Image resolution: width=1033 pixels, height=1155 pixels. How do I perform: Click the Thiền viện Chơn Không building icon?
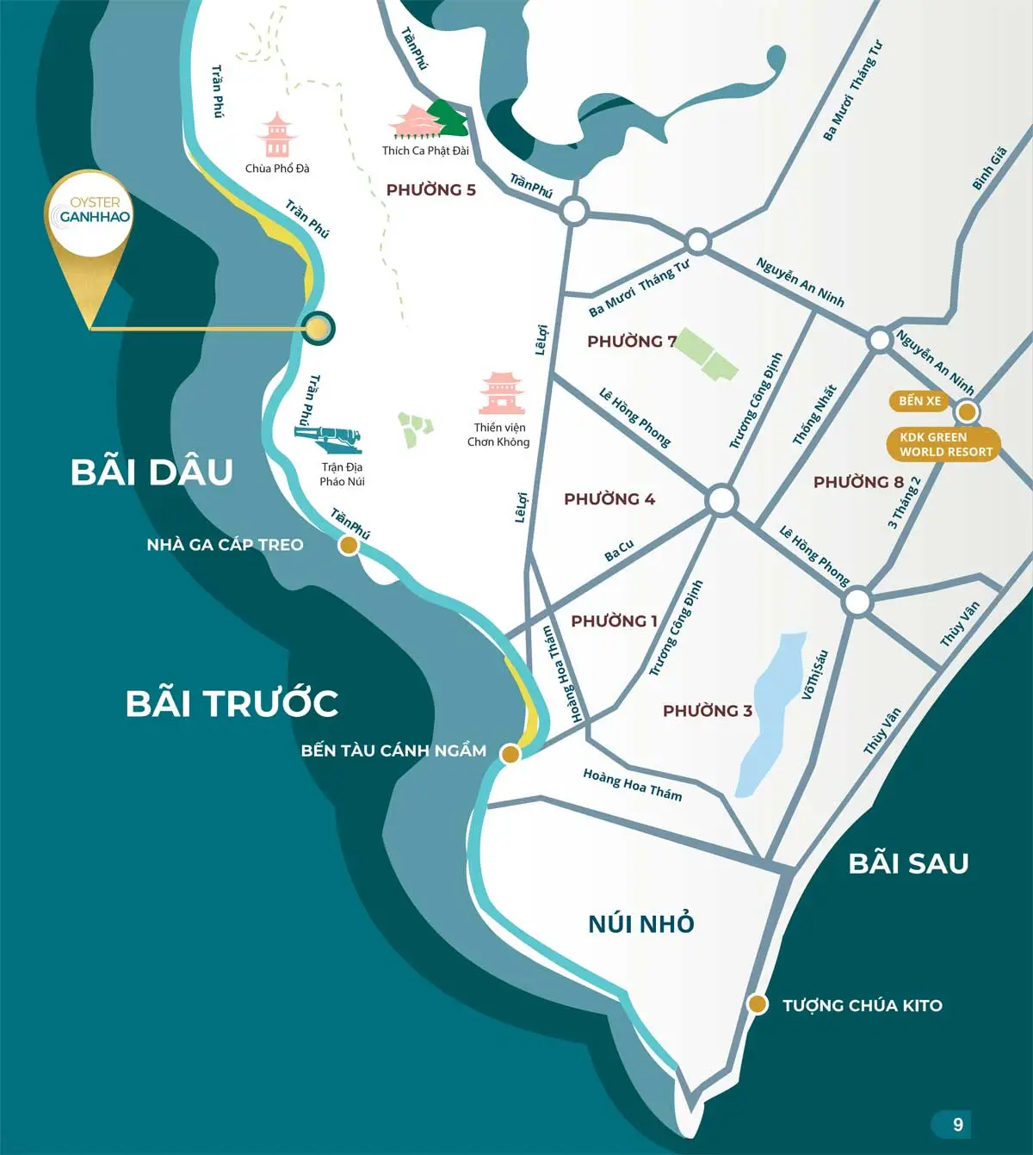[502, 394]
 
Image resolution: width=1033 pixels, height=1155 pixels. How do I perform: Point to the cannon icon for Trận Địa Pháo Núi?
[330, 437]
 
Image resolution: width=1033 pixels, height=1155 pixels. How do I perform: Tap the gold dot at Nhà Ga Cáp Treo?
[349, 545]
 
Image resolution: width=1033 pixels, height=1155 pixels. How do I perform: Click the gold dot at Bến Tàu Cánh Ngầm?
[510, 754]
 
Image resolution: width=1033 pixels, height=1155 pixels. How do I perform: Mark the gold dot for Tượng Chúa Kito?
[758, 1004]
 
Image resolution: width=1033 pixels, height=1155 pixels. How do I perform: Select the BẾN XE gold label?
[919, 401]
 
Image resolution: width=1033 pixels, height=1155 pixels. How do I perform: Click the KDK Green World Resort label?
[944, 444]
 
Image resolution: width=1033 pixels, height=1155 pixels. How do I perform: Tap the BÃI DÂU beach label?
[152, 472]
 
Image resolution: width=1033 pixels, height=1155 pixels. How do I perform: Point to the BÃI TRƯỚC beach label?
[232, 703]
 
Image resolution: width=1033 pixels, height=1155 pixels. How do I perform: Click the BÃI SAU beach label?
[908, 863]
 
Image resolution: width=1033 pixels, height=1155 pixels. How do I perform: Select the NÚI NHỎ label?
[641, 923]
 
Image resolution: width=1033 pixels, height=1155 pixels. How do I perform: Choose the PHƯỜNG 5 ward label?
[430, 190]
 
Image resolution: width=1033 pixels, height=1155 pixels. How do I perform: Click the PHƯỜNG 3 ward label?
[707, 711]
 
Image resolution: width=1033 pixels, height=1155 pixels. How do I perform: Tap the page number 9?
[957, 1124]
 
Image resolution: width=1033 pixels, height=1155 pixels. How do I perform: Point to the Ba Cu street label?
[619, 551]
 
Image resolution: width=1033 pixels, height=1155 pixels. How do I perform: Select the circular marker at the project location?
[319, 328]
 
